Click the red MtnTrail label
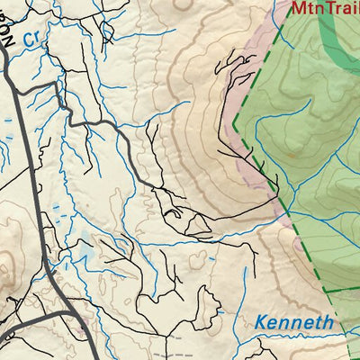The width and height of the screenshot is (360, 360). click(x=324, y=10)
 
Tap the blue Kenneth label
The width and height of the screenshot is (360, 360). click(x=293, y=322)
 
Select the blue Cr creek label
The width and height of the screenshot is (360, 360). click(x=32, y=40)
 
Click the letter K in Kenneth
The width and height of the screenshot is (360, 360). click(x=262, y=322)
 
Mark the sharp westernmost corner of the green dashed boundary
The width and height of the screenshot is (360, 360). click(x=234, y=122)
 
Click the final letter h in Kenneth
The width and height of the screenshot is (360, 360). click(x=328, y=321)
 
